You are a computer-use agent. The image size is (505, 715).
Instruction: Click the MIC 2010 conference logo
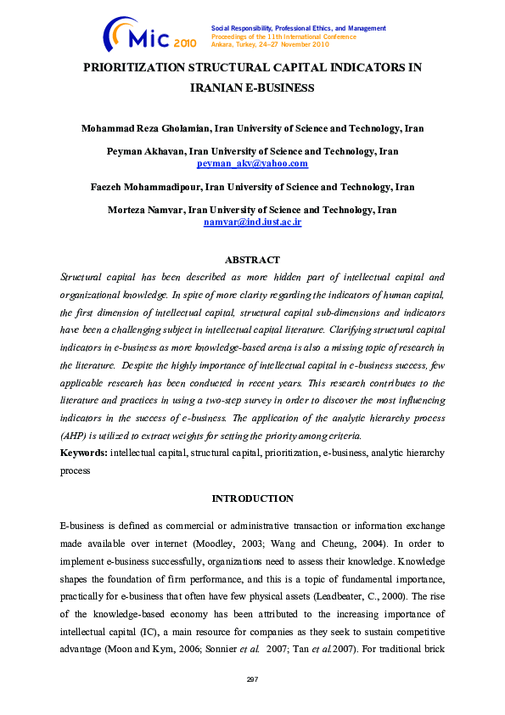pos(149,35)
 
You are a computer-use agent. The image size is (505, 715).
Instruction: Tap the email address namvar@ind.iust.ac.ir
pos(253,221)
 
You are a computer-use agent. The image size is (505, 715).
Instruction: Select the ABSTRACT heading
pos(252,260)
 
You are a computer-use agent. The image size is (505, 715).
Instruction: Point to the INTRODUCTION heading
pos(253,498)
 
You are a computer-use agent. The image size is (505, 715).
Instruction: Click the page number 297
pos(252,679)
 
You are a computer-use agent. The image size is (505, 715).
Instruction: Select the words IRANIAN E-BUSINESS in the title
pos(252,87)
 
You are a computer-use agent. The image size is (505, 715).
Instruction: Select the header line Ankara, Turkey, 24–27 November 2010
pos(270,45)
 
